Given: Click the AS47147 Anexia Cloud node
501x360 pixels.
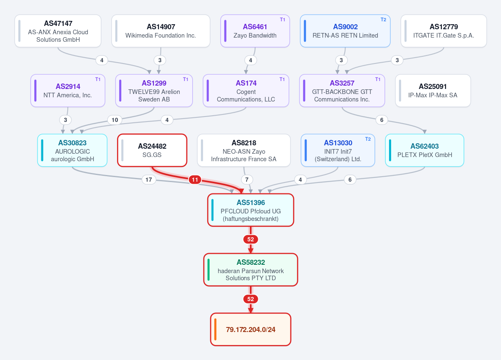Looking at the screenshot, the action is click(58, 31).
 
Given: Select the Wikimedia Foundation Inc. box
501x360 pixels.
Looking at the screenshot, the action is click(161, 31).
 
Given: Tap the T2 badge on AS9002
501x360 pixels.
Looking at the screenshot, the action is click(384, 20).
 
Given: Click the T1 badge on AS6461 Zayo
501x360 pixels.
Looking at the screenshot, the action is click(282, 20).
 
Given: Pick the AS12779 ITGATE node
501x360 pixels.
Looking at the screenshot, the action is click(443, 31).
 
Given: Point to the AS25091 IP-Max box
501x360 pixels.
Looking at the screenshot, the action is click(433, 91).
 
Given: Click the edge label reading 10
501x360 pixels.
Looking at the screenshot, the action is click(115, 120).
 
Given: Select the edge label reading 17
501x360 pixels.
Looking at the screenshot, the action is click(149, 180).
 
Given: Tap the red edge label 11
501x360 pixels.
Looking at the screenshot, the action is click(195, 180).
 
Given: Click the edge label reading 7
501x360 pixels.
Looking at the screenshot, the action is click(247, 180).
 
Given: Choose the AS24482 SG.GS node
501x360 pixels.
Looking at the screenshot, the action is click(152, 150).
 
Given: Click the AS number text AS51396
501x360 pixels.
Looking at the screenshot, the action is click(251, 203).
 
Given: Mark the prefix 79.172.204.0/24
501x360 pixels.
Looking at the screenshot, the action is click(251, 330).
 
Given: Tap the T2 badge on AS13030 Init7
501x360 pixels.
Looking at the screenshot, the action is click(368, 139).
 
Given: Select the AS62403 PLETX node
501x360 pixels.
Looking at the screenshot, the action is click(425, 150).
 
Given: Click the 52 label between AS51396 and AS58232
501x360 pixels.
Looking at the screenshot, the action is click(251, 239).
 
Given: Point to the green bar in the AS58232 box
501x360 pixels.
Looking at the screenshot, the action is click(209, 270).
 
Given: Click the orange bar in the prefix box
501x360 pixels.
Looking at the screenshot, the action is click(215, 330).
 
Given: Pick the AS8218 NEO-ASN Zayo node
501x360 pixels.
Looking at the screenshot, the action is click(244, 150).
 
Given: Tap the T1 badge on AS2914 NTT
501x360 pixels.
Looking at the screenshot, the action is click(98, 79).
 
